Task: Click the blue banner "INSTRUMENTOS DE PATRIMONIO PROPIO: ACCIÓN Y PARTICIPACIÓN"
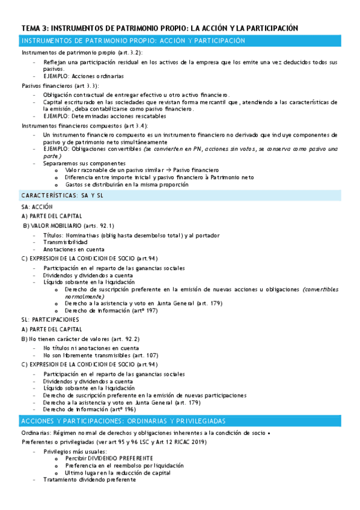click(133, 40)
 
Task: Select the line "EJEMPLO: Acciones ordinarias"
click(84, 76)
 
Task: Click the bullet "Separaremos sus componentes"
click(84, 163)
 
